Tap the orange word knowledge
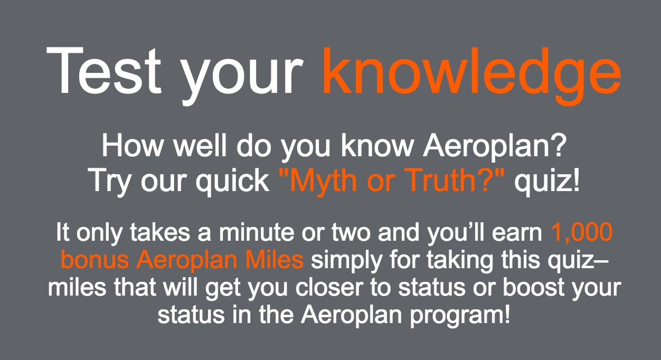(x=472, y=76)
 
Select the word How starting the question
(x=132, y=145)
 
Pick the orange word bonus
(x=95, y=260)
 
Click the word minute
(x=256, y=232)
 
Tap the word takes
(x=160, y=232)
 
